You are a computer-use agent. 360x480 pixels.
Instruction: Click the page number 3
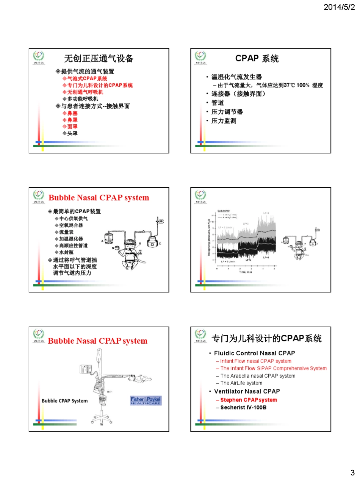(x=352, y=472)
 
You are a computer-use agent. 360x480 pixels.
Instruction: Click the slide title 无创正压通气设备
(x=99, y=58)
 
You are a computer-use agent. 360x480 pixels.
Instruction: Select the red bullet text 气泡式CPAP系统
(x=87, y=78)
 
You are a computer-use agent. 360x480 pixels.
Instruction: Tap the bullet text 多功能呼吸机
(x=83, y=99)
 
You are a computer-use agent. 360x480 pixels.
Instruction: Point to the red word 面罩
(x=72, y=127)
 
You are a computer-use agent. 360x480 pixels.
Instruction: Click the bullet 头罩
(x=72, y=133)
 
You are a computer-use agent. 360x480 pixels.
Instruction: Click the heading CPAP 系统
(x=257, y=58)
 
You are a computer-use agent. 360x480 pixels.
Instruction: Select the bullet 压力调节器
(x=227, y=112)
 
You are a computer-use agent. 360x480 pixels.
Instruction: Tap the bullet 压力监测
(x=224, y=121)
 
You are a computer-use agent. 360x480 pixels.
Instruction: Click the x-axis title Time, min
(x=246, y=272)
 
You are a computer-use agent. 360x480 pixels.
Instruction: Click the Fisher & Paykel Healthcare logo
(x=146, y=400)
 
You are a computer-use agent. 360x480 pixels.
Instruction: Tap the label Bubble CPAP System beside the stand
(x=64, y=401)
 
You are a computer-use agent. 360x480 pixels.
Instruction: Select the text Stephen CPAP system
(x=249, y=400)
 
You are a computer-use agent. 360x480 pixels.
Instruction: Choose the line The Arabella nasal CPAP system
(x=258, y=376)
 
